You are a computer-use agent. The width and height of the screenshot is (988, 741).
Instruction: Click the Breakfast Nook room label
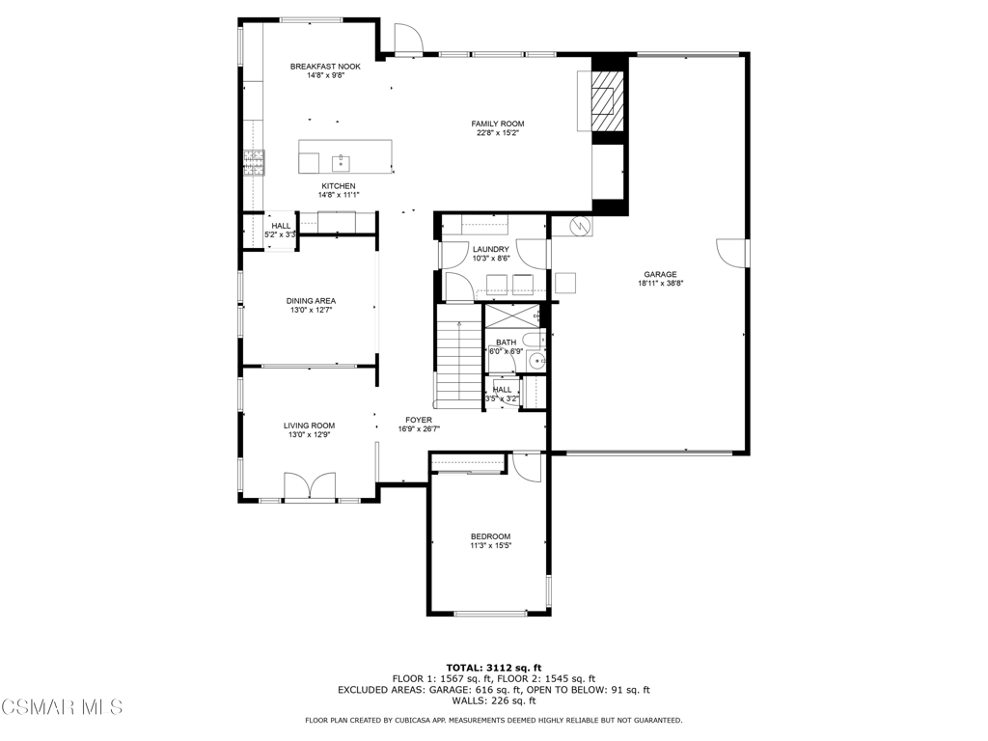click(x=325, y=67)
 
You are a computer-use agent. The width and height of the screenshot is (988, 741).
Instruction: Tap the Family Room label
click(x=498, y=124)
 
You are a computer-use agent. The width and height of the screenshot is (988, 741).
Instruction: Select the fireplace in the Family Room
click(x=607, y=100)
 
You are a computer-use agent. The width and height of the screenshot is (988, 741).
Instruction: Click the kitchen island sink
click(x=341, y=162)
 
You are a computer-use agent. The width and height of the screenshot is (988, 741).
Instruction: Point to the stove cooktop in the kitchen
click(x=255, y=162)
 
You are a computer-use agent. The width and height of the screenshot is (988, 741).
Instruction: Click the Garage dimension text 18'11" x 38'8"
click(x=660, y=284)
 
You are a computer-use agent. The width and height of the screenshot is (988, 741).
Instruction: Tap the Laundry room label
click(x=491, y=250)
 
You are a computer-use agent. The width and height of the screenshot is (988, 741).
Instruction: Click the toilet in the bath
click(x=535, y=341)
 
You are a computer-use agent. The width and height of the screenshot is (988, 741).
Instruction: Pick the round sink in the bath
click(x=536, y=362)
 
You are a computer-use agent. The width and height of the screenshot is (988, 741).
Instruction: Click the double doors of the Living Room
click(x=310, y=486)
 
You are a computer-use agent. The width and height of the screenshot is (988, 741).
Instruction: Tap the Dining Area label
click(x=312, y=301)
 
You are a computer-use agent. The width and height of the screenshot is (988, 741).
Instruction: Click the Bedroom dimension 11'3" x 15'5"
click(x=491, y=546)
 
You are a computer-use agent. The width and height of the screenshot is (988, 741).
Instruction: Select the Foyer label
click(x=419, y=421)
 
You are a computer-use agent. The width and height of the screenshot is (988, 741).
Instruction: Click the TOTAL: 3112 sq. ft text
click(x=494, y=668)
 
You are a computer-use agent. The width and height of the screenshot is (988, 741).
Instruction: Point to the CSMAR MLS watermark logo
click(x=62, y=707)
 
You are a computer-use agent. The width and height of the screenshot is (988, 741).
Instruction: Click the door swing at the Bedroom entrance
click(x=527, y=467)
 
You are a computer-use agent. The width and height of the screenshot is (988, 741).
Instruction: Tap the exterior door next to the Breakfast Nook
click(x=408, y=39)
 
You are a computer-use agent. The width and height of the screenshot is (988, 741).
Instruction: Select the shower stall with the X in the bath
click(x=512, y=316)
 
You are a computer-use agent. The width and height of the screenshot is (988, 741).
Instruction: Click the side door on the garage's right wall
click(x=732, y=253)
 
